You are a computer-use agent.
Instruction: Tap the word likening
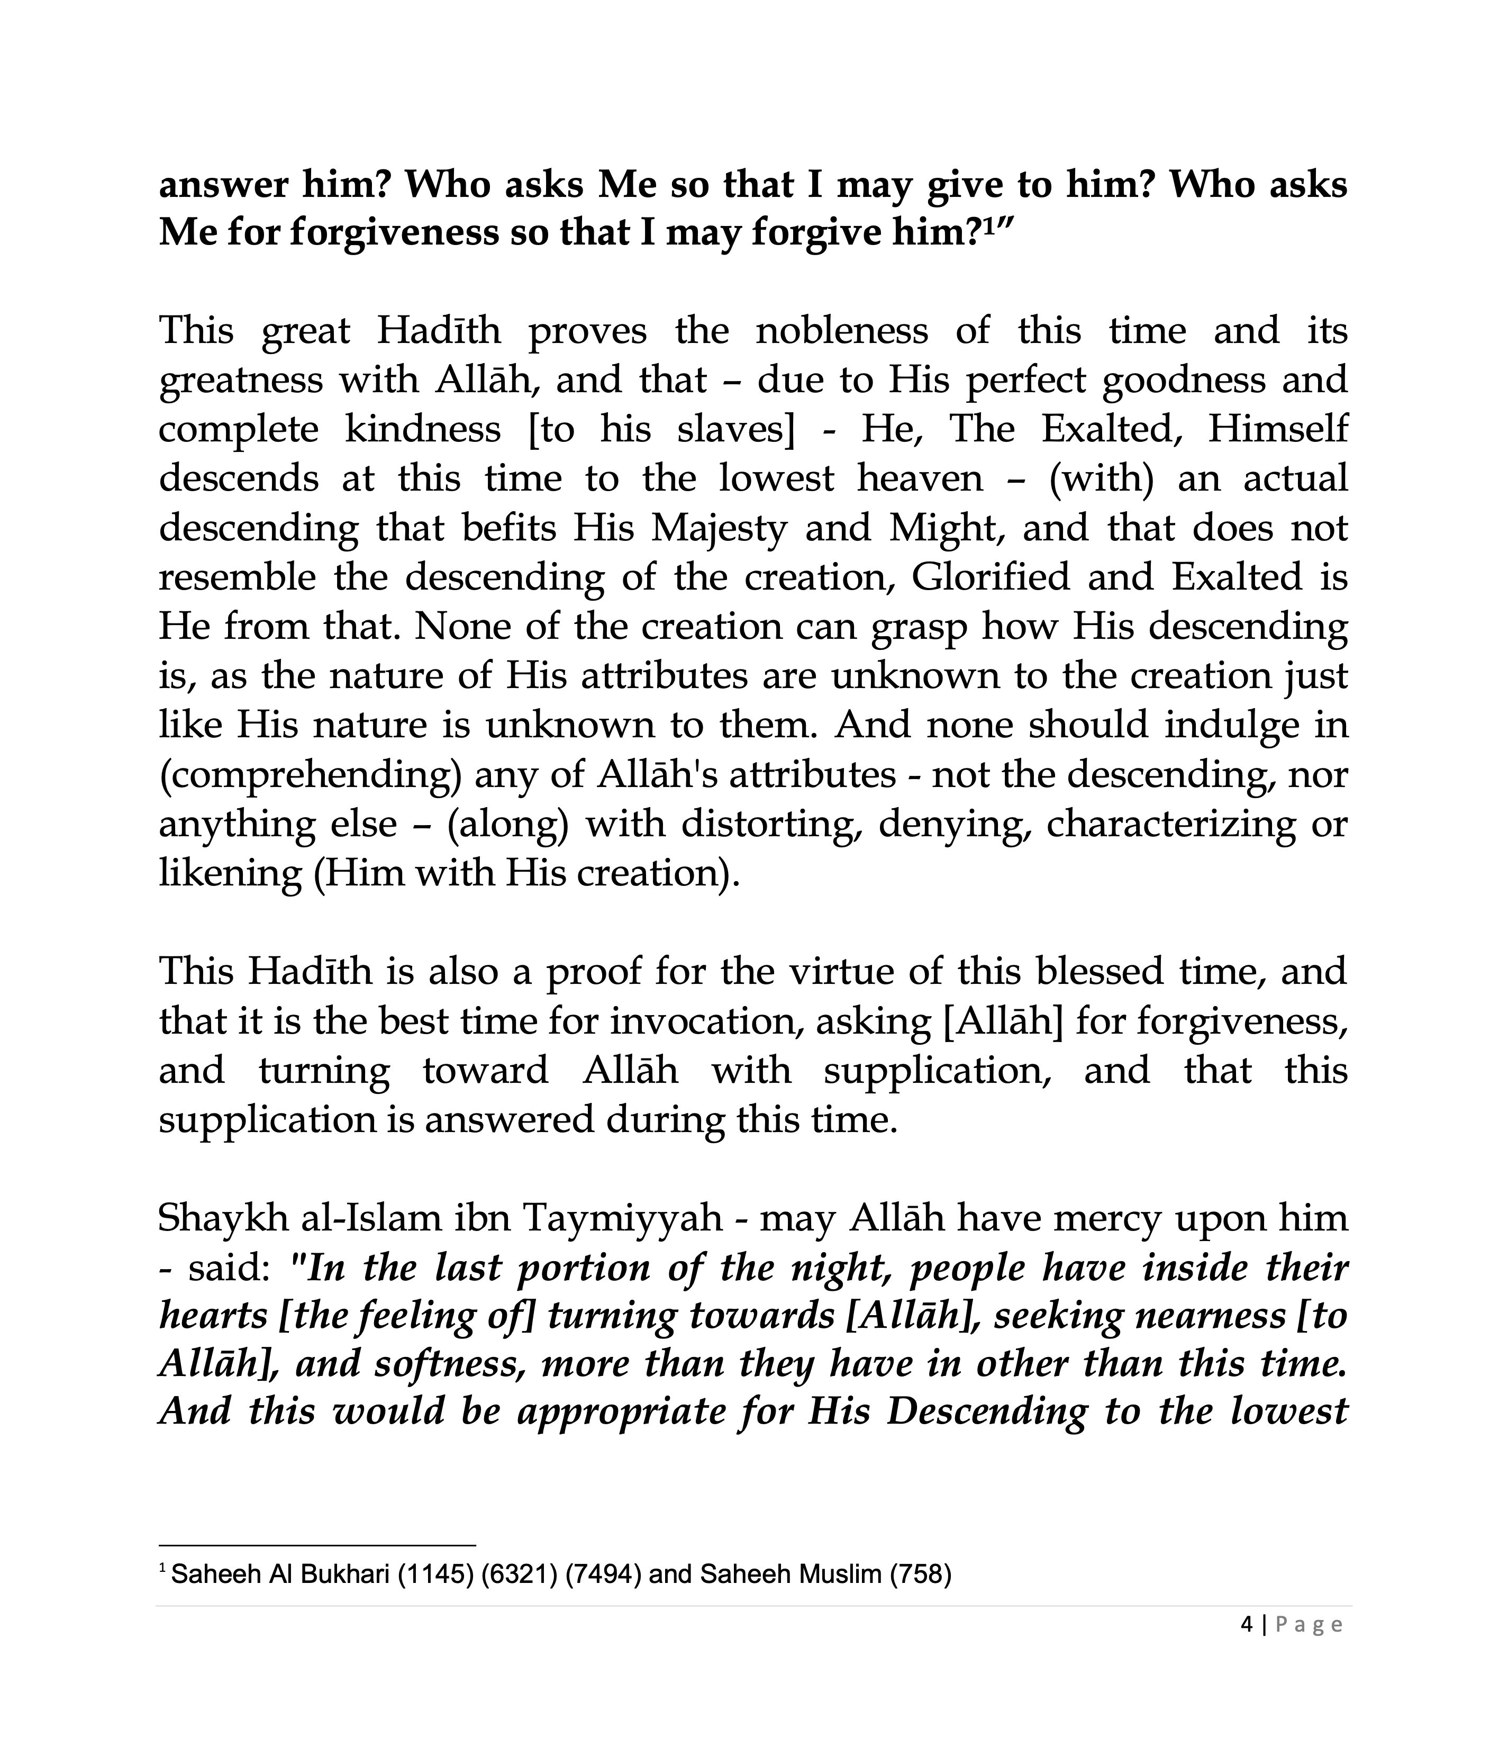(x=229, y=873)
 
